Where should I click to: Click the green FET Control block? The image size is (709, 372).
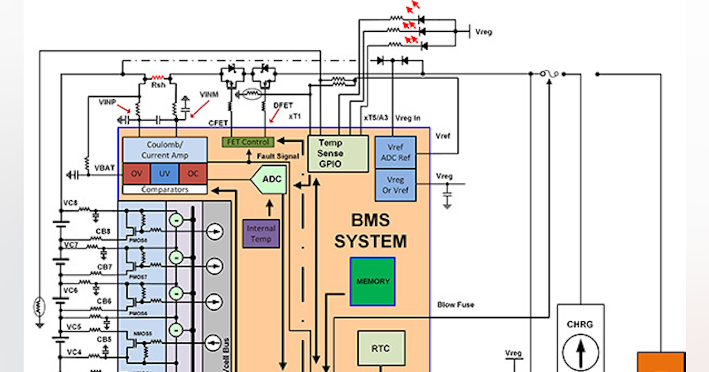click(248, 142)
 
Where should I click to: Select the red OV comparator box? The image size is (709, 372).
click(136, 174)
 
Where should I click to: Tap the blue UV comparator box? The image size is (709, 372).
click(164, 174)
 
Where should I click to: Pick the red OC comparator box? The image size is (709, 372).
click(193, 174)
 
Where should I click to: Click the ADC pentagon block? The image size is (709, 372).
click(270, 180)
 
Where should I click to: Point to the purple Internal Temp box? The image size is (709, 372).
click(261, 233)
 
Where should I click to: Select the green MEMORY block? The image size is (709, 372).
click(372, 281)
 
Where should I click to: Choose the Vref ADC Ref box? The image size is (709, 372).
click(395, 152)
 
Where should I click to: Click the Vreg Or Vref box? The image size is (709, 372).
click(395, 185)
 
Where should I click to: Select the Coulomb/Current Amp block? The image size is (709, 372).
click(164, 150)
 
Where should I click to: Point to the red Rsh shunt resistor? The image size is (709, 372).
click(157, 77)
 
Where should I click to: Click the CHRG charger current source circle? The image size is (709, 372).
click(580, 353)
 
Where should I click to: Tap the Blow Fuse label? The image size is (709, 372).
click(456, 305)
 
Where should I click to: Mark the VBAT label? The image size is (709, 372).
click(105, 168)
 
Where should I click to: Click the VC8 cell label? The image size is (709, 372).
click(70, 203)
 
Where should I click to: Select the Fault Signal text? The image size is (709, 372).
click(278, 156)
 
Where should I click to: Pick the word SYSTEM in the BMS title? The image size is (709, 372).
click(370, 241)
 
